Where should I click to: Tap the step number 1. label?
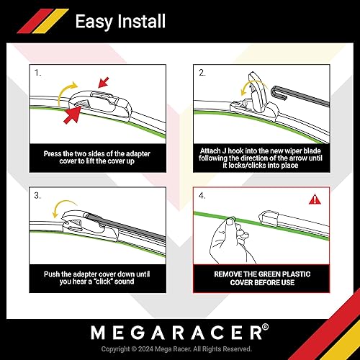(x=37, y=73)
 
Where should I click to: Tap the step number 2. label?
(x=203, y=73)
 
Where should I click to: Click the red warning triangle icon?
(x=315, y=199)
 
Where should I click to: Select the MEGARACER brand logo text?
(x=176, y=333)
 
